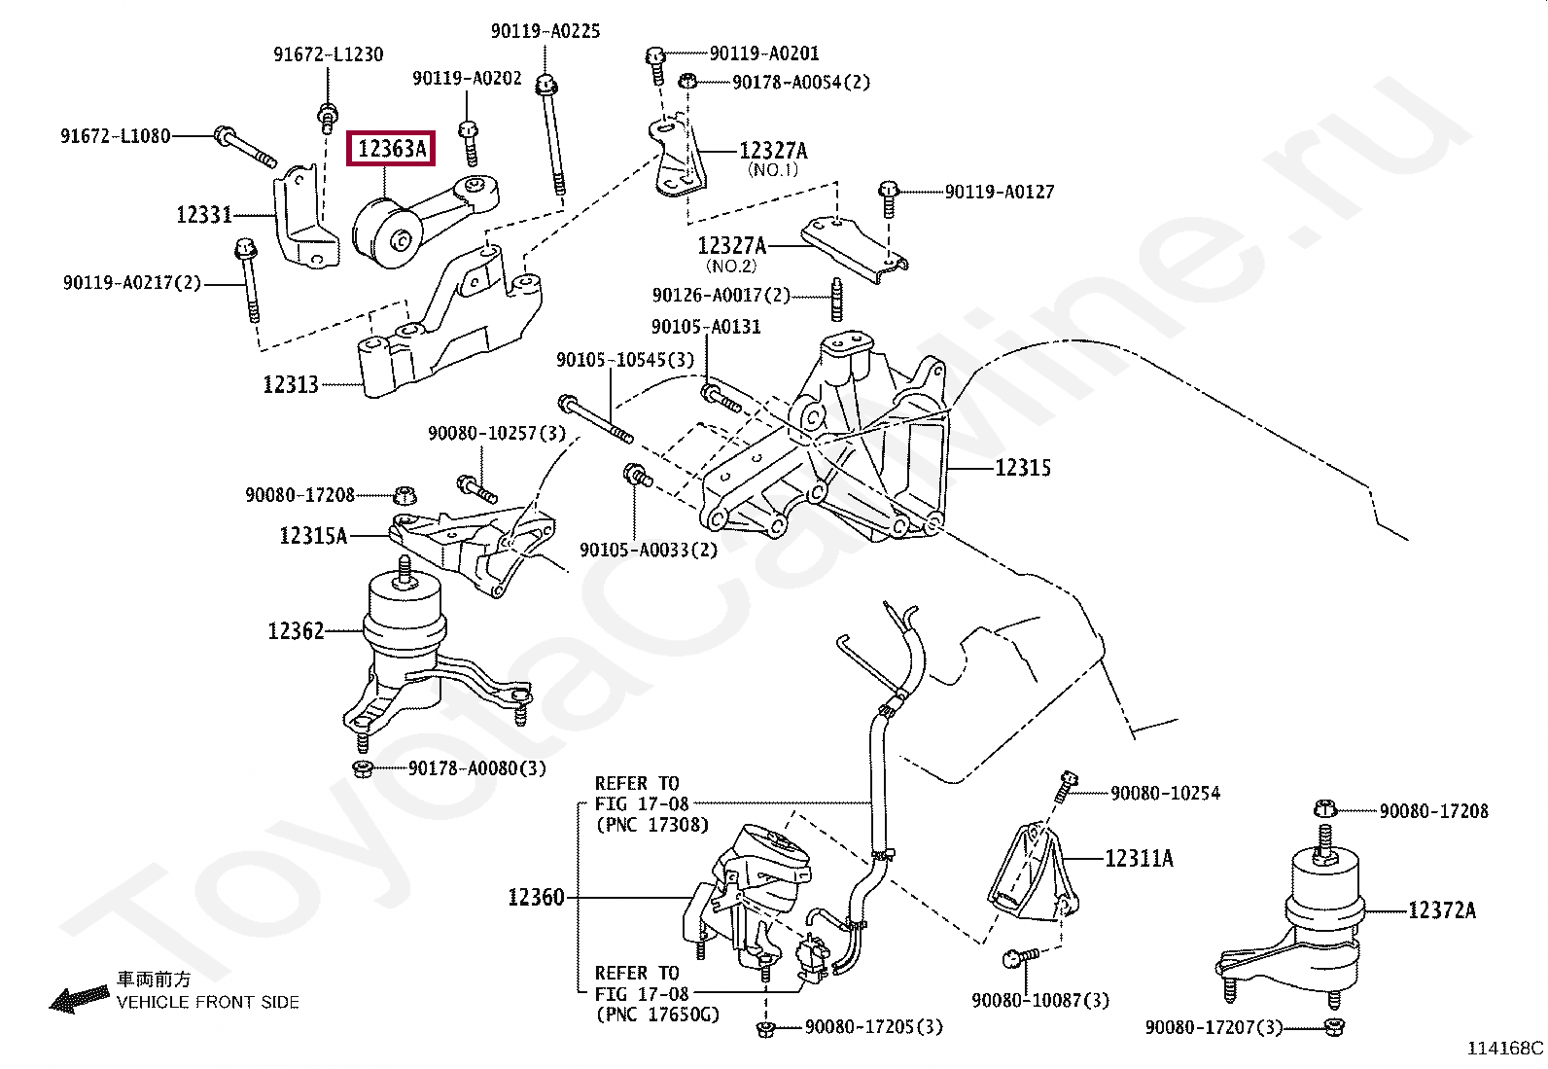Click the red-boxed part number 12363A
coord(391,149)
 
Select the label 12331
coord(204,214)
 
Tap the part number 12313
coord(291,385)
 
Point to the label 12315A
coord(313,535)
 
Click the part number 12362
coord(296,631)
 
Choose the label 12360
coord(536,897)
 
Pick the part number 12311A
coord(1139,858)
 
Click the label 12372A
coord(1442,910)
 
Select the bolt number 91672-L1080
coord(115,136)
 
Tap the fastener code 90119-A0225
coord(545,32)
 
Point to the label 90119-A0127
coord(1000,192)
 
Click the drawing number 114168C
coord(1505,1049)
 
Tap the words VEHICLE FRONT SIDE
coord(208,1002)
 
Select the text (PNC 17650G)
coord(657,1016)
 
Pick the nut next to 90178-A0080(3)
coord(362,769)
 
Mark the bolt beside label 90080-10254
coord(1065,787)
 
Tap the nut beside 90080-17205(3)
coord(765,1028)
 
